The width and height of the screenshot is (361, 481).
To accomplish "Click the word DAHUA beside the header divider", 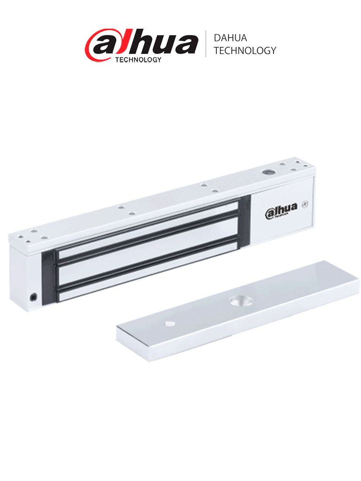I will [230, 38].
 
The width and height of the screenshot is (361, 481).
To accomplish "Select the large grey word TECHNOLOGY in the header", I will [244, 51].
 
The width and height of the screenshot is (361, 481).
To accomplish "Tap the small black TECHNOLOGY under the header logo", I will [138, 60].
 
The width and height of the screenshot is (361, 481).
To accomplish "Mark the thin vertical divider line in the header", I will [205, 44].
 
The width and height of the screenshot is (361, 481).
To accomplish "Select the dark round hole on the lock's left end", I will [34, 297].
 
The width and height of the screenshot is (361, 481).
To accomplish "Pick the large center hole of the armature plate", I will [236, 301].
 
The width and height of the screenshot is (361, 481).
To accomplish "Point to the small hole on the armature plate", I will [169, 324].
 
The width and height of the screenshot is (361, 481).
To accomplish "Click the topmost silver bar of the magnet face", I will [146, 228].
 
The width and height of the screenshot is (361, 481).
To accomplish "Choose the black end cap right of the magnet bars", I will [245, 221].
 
